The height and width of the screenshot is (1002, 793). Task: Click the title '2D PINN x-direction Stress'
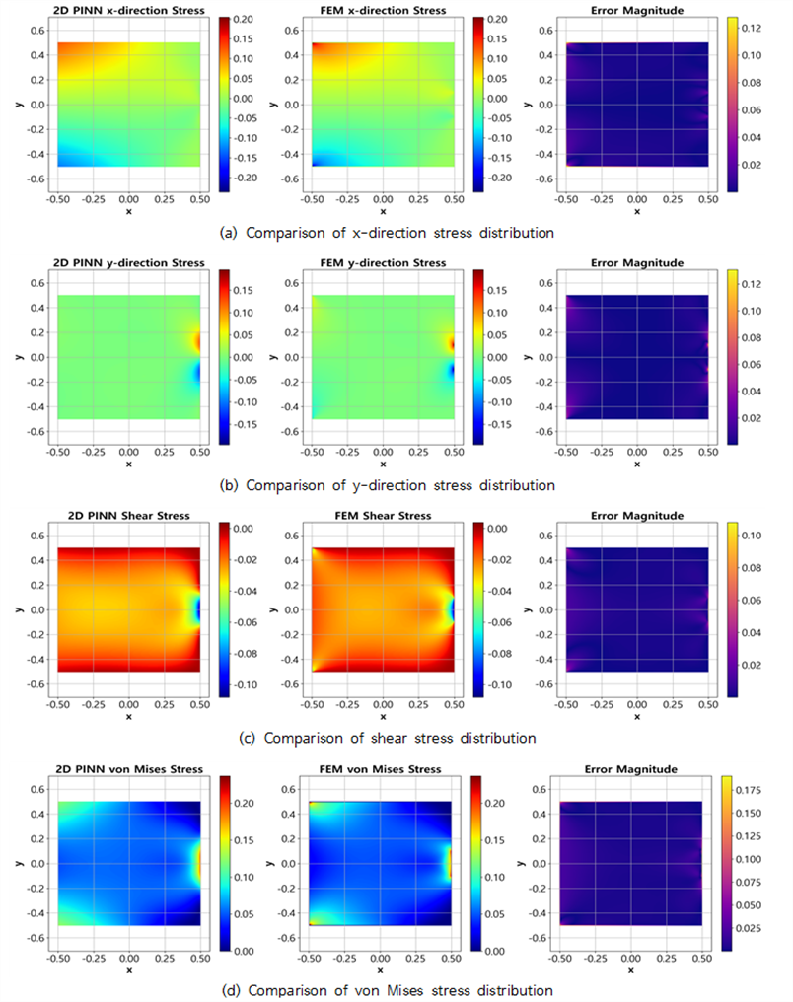tap(129, 10)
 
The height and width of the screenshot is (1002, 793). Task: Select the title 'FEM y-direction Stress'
tap(383, 262)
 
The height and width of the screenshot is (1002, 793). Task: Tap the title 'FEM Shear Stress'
tap(383, 515)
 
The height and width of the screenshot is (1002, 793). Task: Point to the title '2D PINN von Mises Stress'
tap(129, 768)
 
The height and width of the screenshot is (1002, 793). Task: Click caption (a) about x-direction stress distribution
tap(387, 233)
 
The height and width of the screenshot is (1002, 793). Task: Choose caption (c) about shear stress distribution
tap(388, 738)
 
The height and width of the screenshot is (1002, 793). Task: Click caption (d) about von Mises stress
tap(388, 990)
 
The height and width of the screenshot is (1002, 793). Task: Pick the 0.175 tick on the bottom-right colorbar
tap(749, 790)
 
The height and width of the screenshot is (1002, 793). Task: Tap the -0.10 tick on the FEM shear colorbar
tap(499, 685)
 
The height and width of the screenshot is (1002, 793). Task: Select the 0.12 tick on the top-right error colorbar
tap(752, 29)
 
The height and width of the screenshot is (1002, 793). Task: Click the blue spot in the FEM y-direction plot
tap(451, 370)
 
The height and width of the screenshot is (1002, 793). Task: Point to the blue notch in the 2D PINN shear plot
tap(197, 610)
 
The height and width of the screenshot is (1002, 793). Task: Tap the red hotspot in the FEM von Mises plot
tap(449, 864)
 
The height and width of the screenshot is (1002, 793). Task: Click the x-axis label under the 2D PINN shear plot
tap(129, 717)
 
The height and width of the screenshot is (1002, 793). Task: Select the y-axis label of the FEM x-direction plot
tap(273, 105)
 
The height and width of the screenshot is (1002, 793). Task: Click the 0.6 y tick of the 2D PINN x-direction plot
tap(38, 30)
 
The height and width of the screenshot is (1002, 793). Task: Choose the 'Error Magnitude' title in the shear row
tap(637, 515)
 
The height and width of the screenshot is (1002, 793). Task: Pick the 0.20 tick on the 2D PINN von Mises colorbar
tap(244, 803)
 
